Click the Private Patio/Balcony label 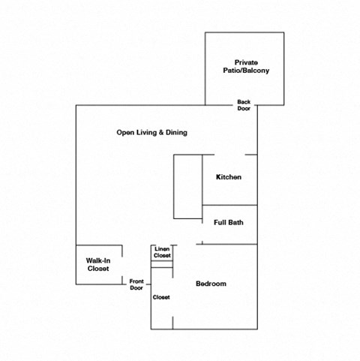(244, 66)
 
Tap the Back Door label (244, 104)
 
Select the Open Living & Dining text (151, 133)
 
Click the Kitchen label (229, 177)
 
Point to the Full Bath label (228, 222)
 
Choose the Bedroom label (211, 284)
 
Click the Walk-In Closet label (97, 264)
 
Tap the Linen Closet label (162, 253)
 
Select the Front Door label (136, 284)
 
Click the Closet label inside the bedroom (161, 297)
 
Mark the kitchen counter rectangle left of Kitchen (188, 187)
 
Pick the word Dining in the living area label (175, 133)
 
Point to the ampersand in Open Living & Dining (160, 133)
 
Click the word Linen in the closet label (162, 249)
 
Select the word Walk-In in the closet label (97, 260)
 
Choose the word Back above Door (244, 101)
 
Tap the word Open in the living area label (124, 133)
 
